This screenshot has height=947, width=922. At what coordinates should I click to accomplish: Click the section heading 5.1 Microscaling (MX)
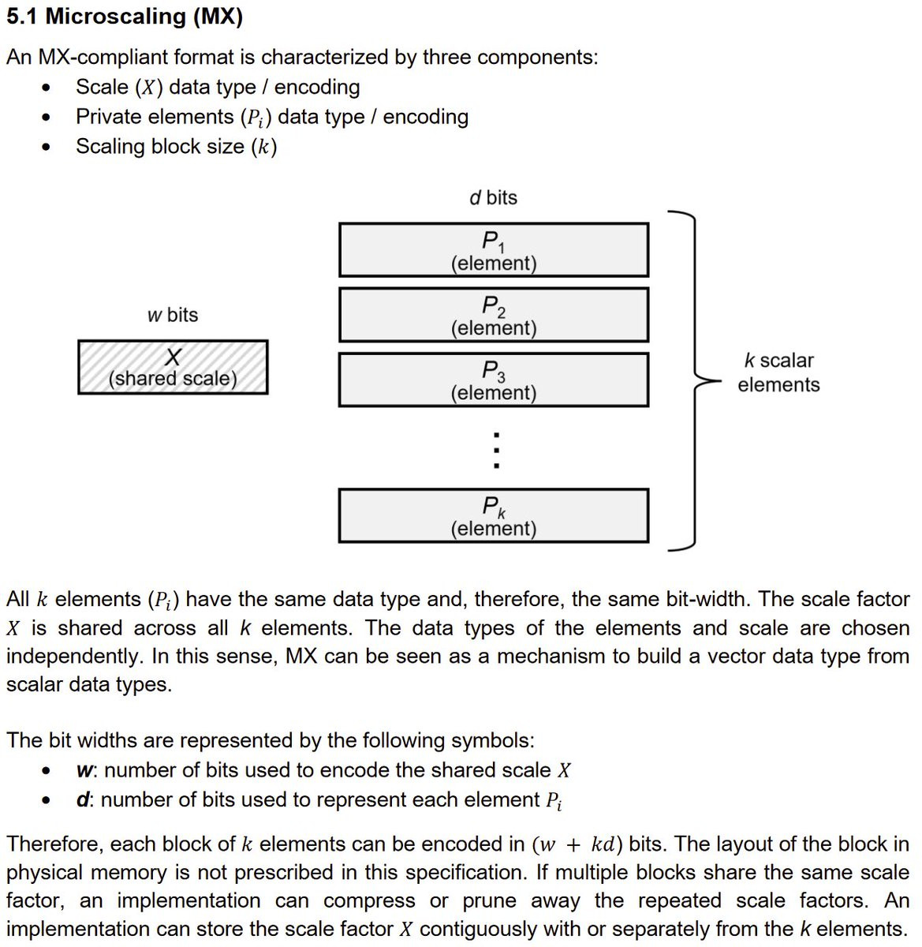(x=125, y=17)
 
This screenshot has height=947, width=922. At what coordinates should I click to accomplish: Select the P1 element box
(x=494, y=250)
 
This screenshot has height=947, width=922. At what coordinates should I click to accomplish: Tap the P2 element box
(x=494, y=315)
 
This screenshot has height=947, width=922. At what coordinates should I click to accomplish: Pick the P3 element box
(x=494, y=380)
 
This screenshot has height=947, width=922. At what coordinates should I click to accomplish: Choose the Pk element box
(x=494, y=516)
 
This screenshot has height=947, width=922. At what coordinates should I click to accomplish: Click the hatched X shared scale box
(x=173, y=367)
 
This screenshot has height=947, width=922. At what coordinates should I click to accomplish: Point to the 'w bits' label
(x=173, y=315)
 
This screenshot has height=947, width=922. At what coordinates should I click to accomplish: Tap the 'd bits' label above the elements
(x=494, y=197)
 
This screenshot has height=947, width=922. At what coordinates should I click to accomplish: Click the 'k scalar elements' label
(x=778, y=372)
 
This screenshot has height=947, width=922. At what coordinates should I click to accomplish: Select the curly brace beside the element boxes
(x=694, y=380)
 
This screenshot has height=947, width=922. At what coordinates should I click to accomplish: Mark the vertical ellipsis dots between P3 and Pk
(x=495, y=450)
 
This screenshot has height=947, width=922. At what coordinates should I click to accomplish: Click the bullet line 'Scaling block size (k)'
(x=176, y=147)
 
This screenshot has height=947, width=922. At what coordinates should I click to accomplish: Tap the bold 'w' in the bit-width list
(x=84, y=770)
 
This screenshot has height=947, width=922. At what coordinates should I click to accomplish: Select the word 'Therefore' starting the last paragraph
(x=53, y=844)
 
